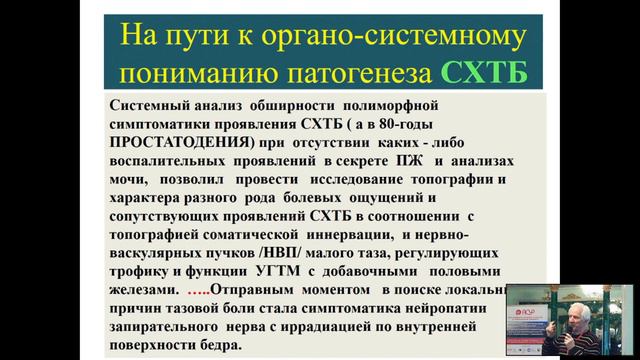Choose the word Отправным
point(261,290)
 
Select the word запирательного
point(174,327)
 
